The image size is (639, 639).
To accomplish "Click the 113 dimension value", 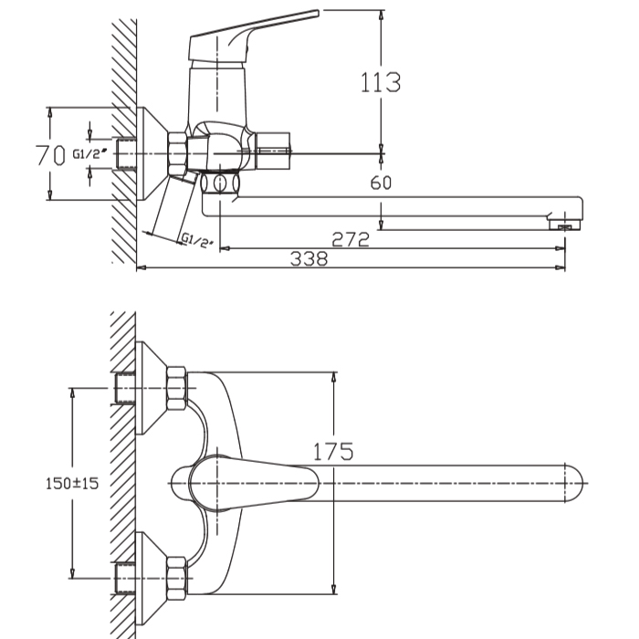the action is [x=381, y=82].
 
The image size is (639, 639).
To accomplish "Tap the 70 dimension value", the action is [x=50, y=155].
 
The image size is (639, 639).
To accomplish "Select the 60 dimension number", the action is [x=381, y=183].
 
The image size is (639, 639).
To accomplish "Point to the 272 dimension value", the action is [x=351, y=239].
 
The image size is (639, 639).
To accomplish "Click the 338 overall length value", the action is [x=309, y=258].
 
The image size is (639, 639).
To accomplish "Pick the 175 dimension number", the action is [x=333, y=452].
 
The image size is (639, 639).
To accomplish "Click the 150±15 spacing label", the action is [x=72, y=484].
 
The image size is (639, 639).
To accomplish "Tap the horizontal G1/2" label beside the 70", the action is [x=89, y=153].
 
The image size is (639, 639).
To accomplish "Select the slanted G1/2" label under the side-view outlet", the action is [x=197, y=240].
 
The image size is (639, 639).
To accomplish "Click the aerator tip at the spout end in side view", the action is [x=563, y=225].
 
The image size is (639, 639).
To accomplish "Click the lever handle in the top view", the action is [x=253, y=484].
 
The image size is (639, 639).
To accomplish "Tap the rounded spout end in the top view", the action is [x=574, y=484].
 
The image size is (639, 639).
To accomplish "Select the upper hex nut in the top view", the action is [x=176, y=388].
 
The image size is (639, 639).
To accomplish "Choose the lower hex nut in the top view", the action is [x=176, y=578].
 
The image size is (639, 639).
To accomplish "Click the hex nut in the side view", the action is [x=178, y=154].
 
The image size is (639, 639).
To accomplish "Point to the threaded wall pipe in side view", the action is [x=126, y=154].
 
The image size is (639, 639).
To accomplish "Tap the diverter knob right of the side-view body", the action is [x=272, y=151].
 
